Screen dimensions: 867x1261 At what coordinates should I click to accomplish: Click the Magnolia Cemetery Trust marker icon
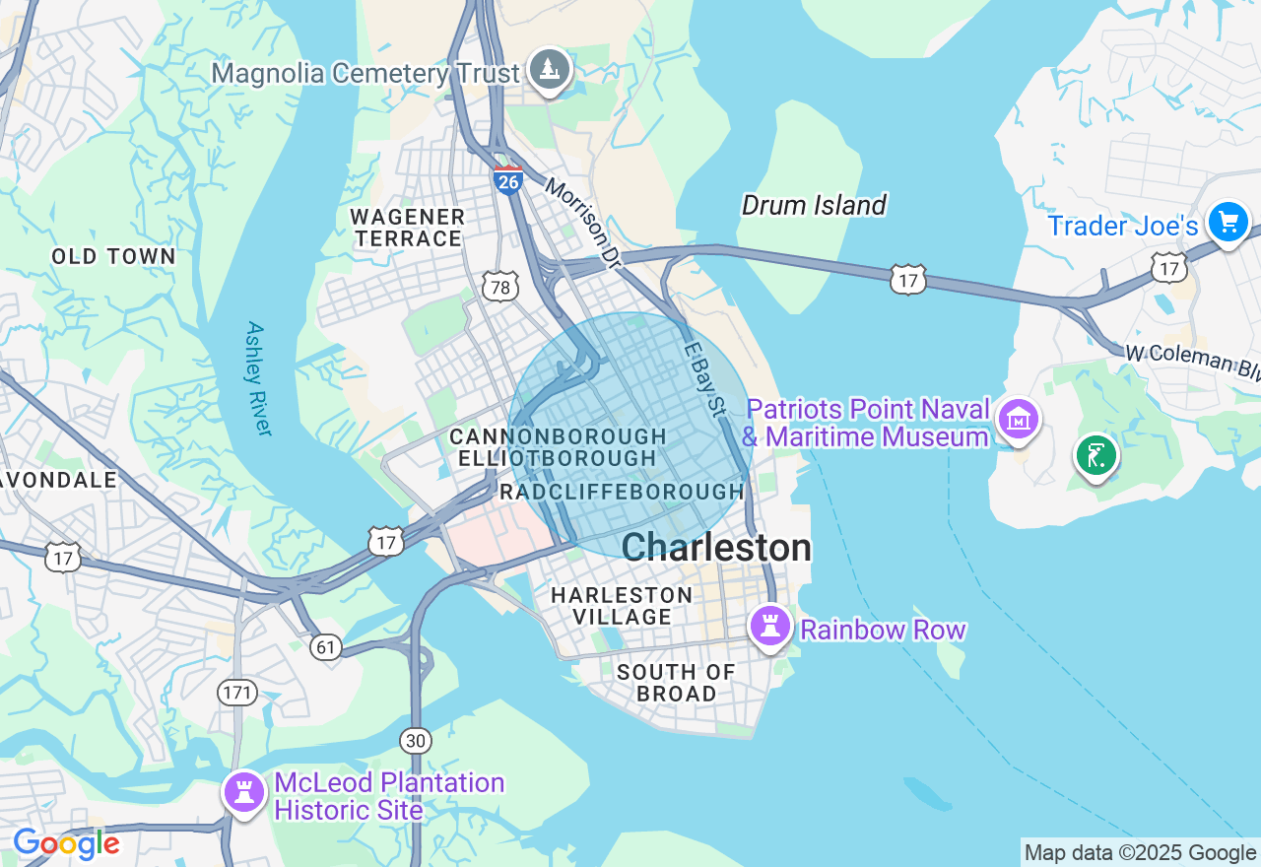pos(549,70)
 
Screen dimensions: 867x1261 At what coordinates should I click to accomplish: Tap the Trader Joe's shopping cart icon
pos(1228,223)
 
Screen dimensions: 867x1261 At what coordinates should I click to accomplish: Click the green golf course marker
pos(1095,456)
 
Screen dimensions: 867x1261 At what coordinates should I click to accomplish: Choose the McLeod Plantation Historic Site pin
pos(244,792)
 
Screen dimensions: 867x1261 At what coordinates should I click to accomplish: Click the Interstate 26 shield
pos(508,181)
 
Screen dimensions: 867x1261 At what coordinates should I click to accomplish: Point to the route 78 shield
pos(500,287)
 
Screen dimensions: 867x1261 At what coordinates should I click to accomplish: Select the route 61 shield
pos(325,646)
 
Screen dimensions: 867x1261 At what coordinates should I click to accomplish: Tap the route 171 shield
pos(236,693)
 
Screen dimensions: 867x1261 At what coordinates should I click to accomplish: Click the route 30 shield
pos(416,741)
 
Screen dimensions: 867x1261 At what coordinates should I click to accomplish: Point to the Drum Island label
pos(814,205)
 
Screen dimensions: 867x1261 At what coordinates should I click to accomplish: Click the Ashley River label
pos(258,378)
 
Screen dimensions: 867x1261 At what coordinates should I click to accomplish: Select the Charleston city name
pos(716,548)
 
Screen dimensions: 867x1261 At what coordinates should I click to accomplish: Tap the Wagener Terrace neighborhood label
pos(408,228)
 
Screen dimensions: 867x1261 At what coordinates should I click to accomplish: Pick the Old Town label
pos(113,257)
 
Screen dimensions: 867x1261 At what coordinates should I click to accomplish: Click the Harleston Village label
pos(622,606)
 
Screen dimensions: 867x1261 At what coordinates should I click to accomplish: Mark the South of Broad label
pos(676,683)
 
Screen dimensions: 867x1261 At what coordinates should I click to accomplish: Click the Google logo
pos(66,844)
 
